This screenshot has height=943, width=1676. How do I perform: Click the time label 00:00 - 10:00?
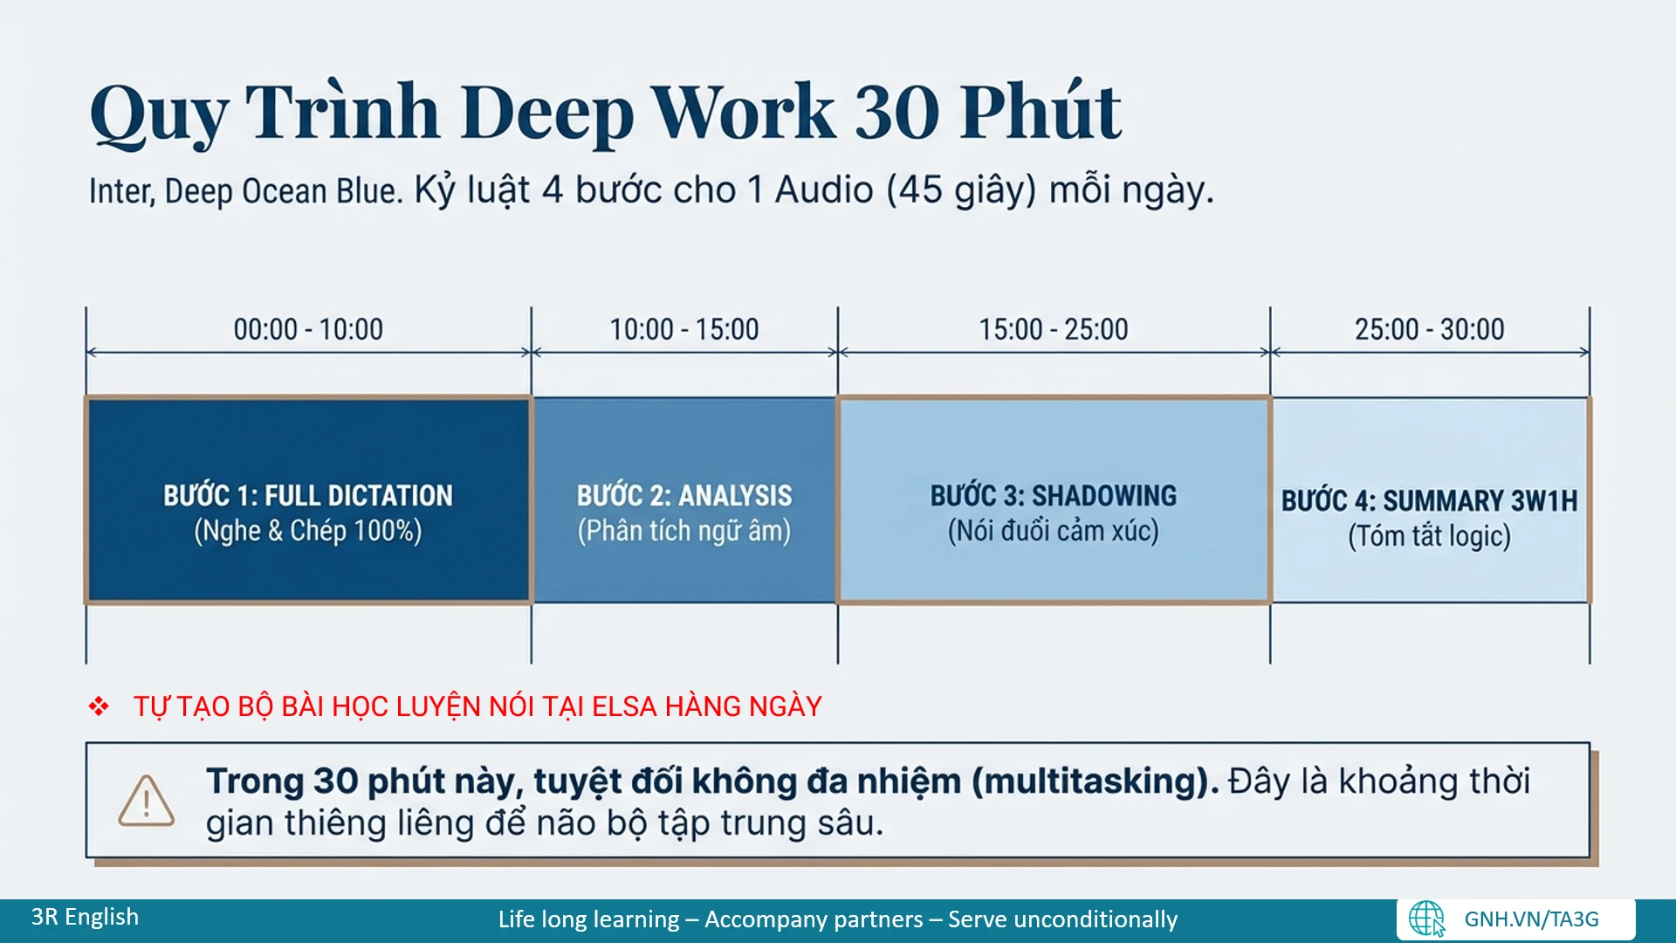pyautogui.click(x=308, y=329)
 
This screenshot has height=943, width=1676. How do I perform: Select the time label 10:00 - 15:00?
pyautogui.click(x=683, y=329)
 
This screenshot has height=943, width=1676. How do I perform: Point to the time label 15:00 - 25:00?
pyautogui.click(x=1053, y=329)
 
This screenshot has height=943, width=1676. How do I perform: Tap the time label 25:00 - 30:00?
pyautogui.click(x=1429, y=329)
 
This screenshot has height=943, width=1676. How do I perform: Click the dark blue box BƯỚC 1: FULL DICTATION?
pyautogui.click(x=308, y=499)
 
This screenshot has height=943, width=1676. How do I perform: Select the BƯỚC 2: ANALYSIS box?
pyautogui.click(x=684, y=499)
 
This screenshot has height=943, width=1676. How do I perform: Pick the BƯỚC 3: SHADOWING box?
pyautogui.click(x=1054, y=499)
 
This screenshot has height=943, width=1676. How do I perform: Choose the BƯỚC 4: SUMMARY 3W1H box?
pyautogui.click(x=1431, y=499)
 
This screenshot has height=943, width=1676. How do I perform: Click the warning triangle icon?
pyautogui.click(x=146, y=801)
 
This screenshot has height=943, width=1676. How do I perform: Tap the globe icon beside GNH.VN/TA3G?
pyautogui.click(x=1426, y=919)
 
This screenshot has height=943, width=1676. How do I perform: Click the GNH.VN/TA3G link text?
pyautogui.click(x=1531, y=919)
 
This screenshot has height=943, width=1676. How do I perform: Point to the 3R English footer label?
pyautogui.click(x=85, y=917)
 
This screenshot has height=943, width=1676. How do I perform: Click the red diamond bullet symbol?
pyautogui.click(x=99, y=706)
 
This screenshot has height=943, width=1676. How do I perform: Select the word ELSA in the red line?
pyautogui.click(x=624, y=706)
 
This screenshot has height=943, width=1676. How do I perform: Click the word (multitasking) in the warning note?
pyautogui.click(x=1096, y=781)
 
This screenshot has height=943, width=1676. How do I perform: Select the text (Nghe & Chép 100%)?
pyautogui.click(x=307, y=531)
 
